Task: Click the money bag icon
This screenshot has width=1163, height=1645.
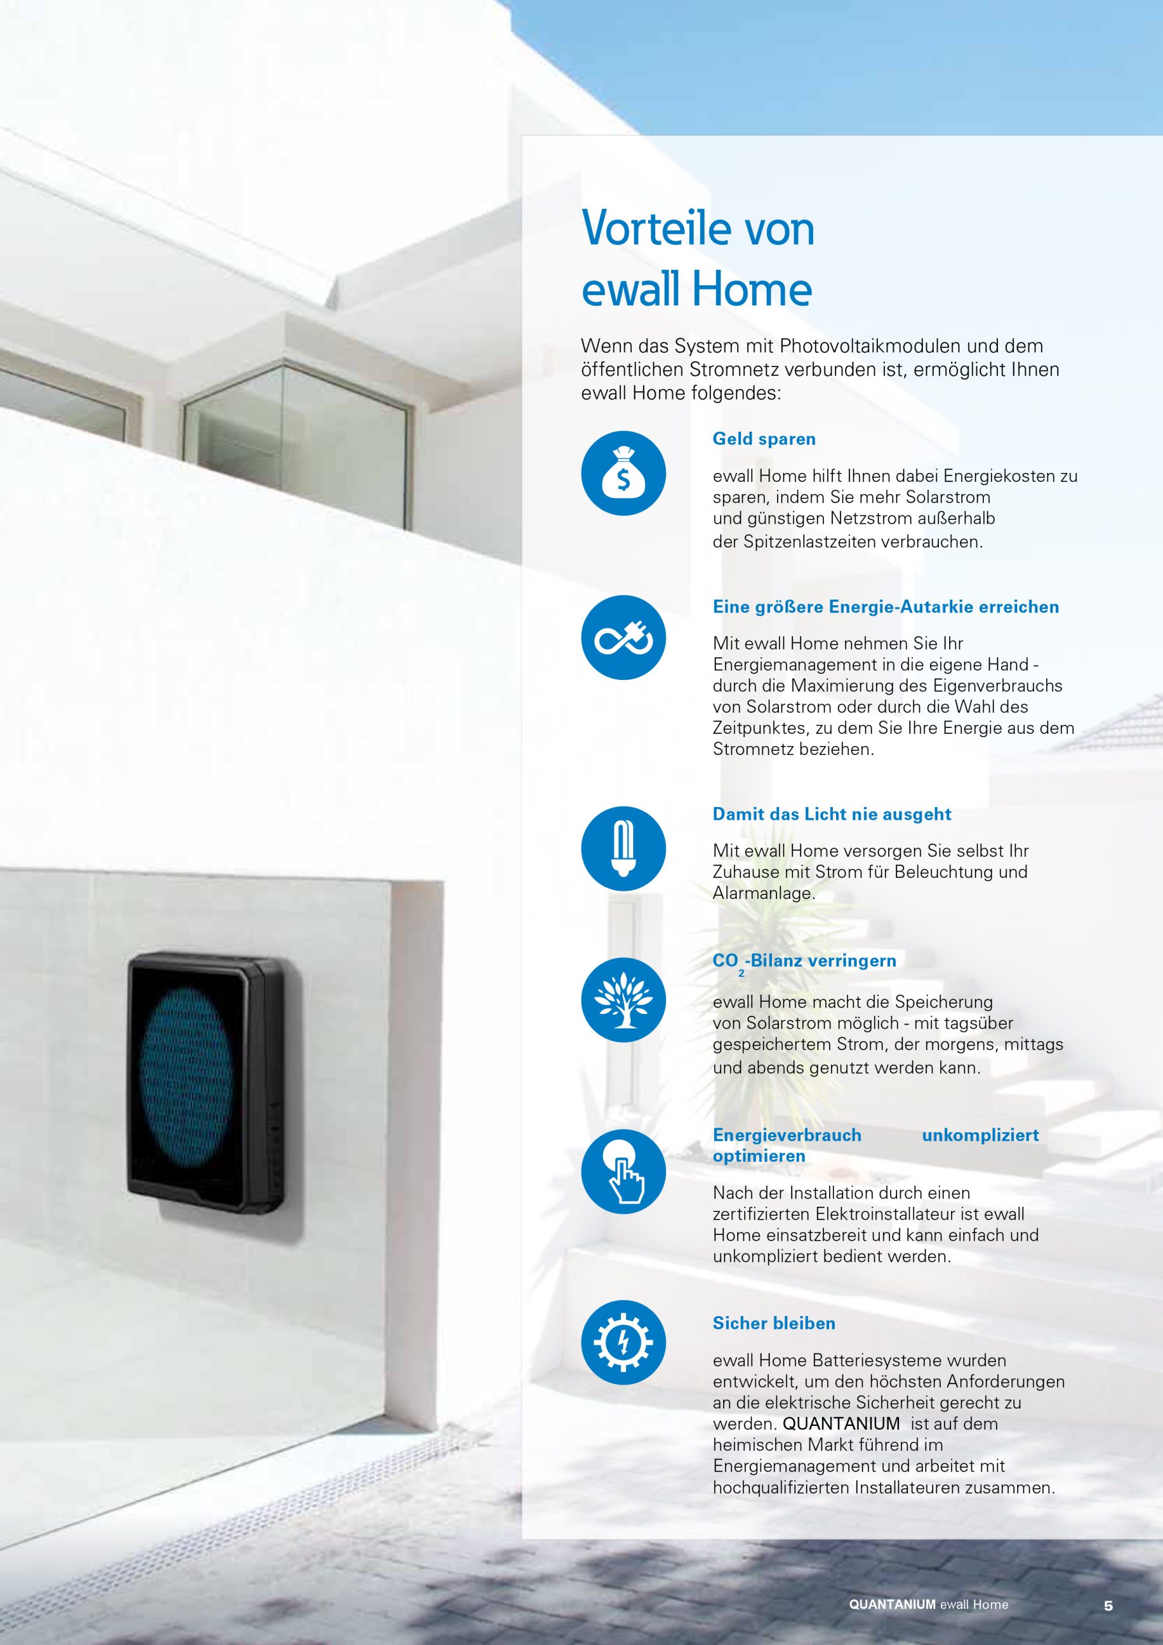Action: click(623, 474)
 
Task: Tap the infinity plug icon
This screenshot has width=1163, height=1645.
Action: click(623, 637)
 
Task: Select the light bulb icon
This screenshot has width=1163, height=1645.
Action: click(623, 849)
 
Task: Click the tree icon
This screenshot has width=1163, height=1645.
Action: click(623, 999)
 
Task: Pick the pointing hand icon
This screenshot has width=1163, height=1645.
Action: click(623, 1171)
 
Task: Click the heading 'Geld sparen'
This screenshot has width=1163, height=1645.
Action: click(764, 439)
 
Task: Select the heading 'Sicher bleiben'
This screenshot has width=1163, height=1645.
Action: click(774, 1323)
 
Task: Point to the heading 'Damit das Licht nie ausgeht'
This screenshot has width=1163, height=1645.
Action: click(832, 815)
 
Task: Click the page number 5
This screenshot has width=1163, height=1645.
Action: click(1108, 1606)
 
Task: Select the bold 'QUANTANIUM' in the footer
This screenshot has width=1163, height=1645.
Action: click(892, 1605)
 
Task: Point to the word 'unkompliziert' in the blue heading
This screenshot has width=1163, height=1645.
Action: click(981, 1135)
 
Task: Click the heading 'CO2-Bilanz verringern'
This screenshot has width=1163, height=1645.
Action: click(804, 962)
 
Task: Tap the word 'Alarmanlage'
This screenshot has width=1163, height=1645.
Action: click(764, 893)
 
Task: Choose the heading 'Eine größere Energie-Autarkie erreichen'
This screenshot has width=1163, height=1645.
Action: click(886, 608)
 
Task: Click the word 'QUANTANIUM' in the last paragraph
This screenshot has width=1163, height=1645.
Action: click(841, 1423)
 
